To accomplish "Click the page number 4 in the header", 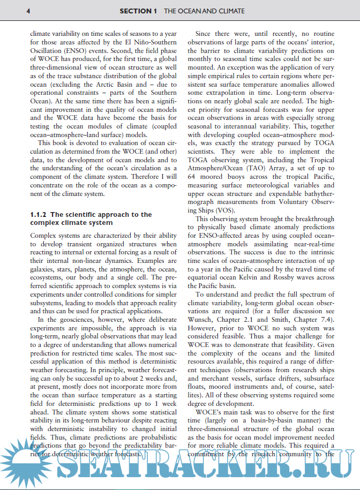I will pyautogui.click(x=28, y=11).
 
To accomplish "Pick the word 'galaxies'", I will pyautogui.click(x=44, y=269).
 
